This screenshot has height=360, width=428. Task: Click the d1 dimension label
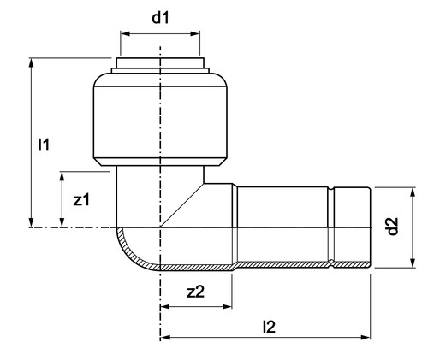tap(160, 18)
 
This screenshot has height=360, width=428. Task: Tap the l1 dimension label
tap(44, 145)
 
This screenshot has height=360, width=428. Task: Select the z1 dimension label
tap(81, 199)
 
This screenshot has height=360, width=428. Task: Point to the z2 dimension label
tap(196, 292)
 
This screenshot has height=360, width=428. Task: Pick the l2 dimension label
tap(269, 327)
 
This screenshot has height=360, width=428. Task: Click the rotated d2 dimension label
tap(393, 226)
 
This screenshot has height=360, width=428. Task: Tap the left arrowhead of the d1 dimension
tap(125, 34)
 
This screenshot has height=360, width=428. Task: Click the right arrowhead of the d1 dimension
tap(195, 34)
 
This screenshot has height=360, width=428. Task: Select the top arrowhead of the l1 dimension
tap(32, 62)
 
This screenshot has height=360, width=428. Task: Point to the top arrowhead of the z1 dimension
tap(62, 176)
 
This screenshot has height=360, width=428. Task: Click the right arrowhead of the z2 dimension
tap(227, 307)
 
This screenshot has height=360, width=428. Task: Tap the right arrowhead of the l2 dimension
tap(366, 338)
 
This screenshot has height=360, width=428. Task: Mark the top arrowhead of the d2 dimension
tap(413, 192)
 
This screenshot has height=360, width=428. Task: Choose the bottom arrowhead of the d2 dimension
tap(413, 263)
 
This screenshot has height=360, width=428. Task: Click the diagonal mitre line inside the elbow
tap(182, 205)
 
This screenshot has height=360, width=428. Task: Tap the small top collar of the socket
tap(160, 63)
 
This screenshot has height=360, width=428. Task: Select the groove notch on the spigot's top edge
tap(331, 189)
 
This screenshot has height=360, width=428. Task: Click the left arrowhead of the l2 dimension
tap(165, 338)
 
